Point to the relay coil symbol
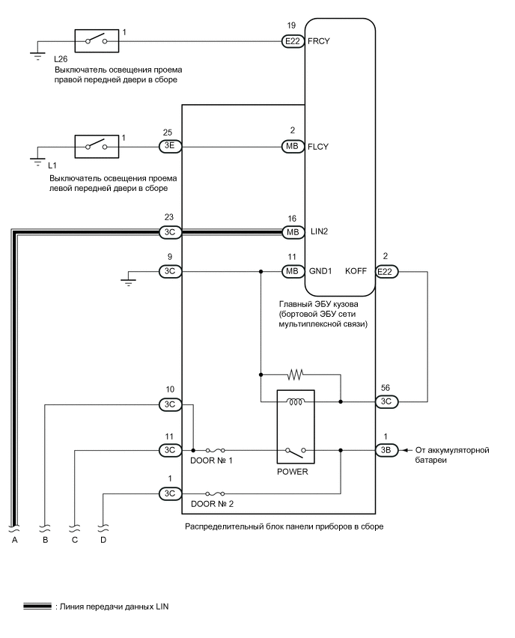(295, 402)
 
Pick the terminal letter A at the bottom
(13, 539)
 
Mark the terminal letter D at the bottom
(103, 539)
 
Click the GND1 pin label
(320, 271)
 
